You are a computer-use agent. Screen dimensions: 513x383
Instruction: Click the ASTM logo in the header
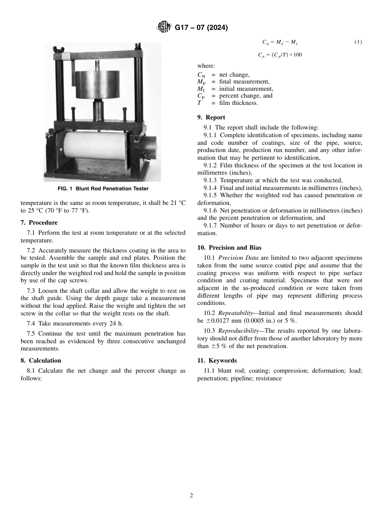pyautogui.click(x=164, y=28)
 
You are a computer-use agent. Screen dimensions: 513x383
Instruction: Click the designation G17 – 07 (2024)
pyautogui.click(x=201, y=28)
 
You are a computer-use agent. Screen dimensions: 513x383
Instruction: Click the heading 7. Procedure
pyautogui.click(x=39, y=223)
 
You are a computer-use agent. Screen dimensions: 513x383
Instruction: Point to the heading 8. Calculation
pyautogui.click(x=41, y=361)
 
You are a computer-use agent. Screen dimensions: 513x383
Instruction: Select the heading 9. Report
pyautogui.click(x=211, y=117)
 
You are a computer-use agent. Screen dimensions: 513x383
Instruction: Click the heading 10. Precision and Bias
pyautogui.click(x=229, y=248)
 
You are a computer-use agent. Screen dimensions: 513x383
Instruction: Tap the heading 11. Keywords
pyautogui.click(x=217, y=361)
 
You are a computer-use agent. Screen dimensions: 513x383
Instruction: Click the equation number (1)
pyautogui.click(x=358, y=42)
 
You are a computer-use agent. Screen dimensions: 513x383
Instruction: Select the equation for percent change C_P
pyautogui.click(x=280, y=55)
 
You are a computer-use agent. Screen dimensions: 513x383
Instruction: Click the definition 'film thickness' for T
pyautogui.click(x=238, y=103)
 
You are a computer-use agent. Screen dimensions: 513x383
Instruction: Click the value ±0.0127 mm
pyautogui.click(x=225, y=321)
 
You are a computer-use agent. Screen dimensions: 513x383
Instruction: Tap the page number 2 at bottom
pyautogui.click(x=191, y=496)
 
